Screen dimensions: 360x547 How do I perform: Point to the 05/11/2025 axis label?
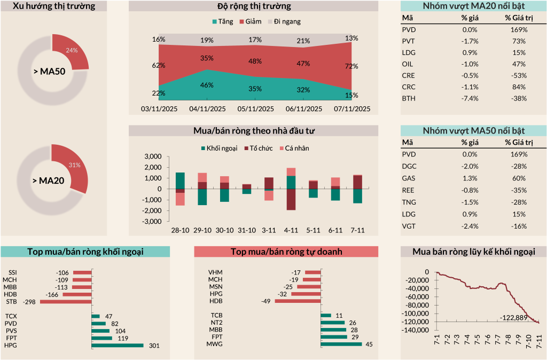click(x=255, y=109)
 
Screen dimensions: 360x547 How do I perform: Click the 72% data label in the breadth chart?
click(x=351, y=66)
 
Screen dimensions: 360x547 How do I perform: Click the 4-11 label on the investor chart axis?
click(x=291, y=231)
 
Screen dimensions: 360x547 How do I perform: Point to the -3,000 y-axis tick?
click(x=152, y=221)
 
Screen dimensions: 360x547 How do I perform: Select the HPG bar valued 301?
click(x=118, y=346)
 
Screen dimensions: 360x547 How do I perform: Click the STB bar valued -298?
click(x=66, y=302)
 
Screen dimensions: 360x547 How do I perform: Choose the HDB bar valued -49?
click(x=298, y=301)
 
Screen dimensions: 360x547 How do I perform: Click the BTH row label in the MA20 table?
click(x=408, y=98)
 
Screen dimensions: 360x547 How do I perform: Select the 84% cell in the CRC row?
click(x=515, y=87)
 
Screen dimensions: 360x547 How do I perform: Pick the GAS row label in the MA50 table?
click(x=408, y=178)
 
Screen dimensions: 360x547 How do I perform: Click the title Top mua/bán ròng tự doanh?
click(x=286, y=252)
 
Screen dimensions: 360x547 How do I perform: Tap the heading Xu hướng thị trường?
click(x=54, y=6)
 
